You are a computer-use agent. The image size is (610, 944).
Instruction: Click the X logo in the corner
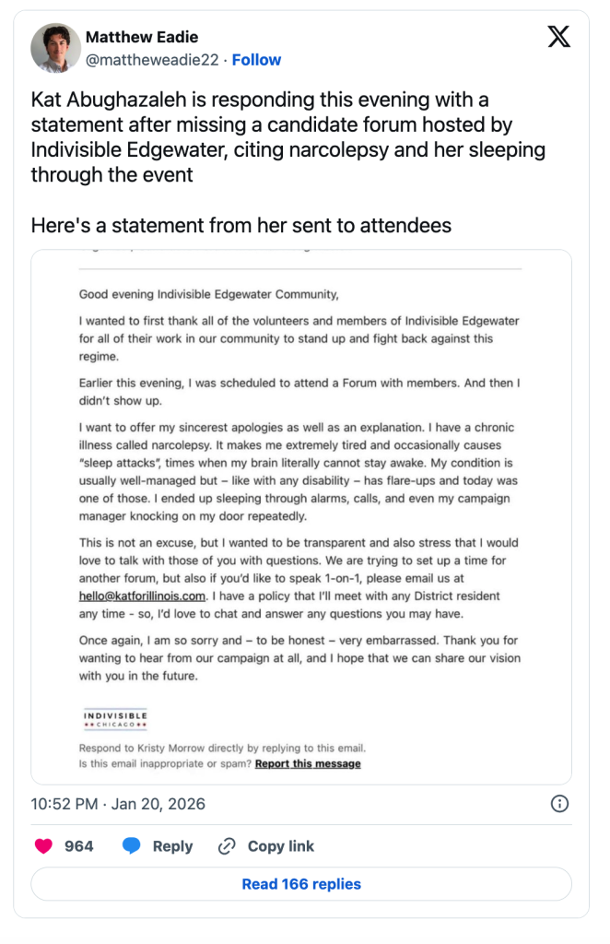coord(558,37)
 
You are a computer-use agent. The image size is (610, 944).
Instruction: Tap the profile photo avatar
coord(54,48)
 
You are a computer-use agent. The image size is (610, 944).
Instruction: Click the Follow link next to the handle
coord(256,60)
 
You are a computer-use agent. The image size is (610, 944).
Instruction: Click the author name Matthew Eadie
coord(141,37)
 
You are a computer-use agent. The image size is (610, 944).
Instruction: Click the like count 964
coord(78,846)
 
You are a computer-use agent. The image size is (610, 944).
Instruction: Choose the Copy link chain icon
coord(227,846)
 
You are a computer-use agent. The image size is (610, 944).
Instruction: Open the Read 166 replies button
coord(301,884)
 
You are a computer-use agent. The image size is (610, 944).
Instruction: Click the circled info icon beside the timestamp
coord(559,804)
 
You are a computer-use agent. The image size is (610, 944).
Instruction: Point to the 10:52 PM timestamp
coord(65,804)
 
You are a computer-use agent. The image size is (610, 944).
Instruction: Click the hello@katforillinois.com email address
coord(142,596)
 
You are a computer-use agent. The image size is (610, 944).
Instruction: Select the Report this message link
coord(308,763)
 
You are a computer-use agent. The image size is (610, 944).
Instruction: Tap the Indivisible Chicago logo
coord(115,719)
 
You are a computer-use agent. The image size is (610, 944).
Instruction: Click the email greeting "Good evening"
coord(113,295)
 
